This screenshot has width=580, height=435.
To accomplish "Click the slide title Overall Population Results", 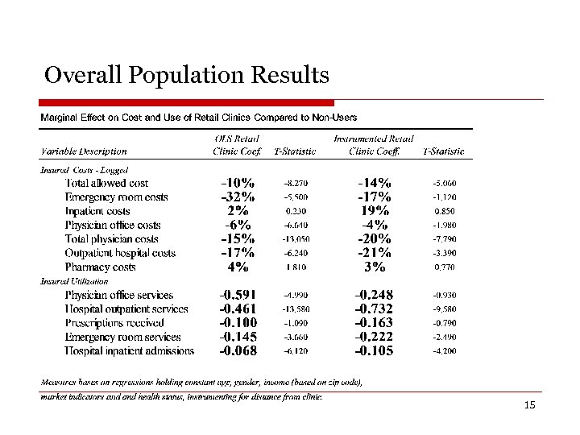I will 187,76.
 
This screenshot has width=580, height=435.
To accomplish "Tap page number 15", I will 529,404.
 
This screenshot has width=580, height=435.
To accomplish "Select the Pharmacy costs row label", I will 111,267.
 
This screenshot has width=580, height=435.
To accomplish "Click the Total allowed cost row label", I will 106,183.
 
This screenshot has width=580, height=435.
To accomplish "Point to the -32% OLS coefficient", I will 238,197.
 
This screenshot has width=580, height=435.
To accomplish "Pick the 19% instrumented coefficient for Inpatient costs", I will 375,211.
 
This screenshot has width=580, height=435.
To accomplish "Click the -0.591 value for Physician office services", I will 238,295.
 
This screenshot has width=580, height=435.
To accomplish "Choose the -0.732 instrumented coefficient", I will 375,309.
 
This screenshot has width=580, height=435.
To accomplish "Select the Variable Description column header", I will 84,151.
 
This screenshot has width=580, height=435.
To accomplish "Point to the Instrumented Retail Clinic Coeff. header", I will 374,144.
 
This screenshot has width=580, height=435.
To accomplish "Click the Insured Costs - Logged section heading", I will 85,170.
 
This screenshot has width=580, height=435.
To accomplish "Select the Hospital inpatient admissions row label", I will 129,350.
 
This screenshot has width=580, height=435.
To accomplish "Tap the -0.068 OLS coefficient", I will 238,351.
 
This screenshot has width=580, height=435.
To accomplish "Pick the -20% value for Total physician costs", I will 375,239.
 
